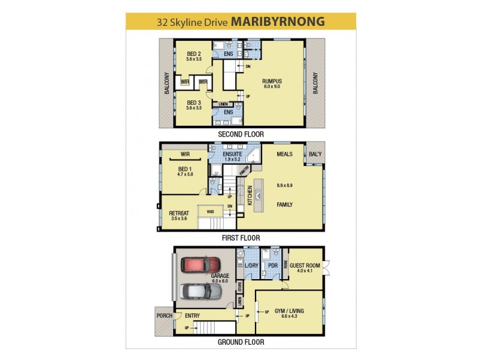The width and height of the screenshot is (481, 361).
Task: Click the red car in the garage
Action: (x=201, y=265)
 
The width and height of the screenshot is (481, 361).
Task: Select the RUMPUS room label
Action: (x=272, y=81)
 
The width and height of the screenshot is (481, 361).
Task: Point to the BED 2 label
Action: (x=193, y=54)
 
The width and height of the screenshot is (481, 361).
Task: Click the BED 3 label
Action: (x=193, y=102)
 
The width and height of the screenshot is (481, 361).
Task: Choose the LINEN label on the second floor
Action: (x=223, y=104)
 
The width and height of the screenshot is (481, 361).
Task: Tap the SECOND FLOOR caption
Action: (x=240, y=134)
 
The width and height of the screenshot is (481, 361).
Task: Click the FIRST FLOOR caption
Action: (x=240, y=238)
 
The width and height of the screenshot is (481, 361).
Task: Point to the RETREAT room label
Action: (x=179, y=212)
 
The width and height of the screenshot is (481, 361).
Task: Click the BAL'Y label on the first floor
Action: (x=314, y=154)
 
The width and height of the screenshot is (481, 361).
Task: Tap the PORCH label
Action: (x=164, y=315)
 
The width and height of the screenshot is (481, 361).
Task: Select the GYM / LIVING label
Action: (x=289, y=310)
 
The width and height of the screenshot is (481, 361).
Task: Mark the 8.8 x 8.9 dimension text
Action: (x=284, y=186)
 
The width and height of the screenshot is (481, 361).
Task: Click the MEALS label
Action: (x=284, y=154)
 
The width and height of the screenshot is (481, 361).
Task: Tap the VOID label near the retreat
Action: (x=210, y=212)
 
